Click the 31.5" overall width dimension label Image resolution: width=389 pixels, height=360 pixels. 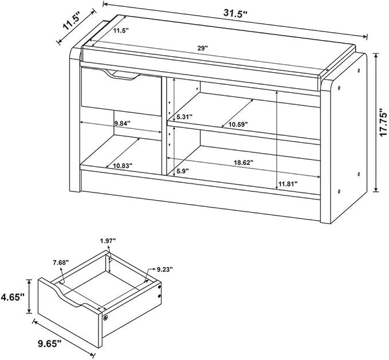click(235, 14)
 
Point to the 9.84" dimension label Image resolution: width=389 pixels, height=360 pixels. click(122, 123)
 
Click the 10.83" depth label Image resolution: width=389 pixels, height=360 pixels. click(123, 165)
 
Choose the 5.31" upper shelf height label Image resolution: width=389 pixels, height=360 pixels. click(184, 117)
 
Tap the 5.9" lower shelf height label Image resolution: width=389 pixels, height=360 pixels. click(183, 171)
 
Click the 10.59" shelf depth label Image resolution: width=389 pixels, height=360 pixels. click(238, 124)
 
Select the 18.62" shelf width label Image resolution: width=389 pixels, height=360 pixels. click(243, 163)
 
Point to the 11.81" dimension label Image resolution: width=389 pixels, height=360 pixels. click(288, 184)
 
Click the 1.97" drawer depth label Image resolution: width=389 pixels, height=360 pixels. click(108, 241)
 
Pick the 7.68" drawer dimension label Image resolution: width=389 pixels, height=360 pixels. click(61, 263)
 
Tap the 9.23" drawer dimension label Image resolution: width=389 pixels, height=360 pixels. click(165, 269)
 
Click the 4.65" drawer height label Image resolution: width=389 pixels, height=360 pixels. click(13, 297)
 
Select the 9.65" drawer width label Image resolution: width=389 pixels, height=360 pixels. click(49, 343)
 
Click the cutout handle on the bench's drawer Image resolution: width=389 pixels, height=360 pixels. click(121, 76)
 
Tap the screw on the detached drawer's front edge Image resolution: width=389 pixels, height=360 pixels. click(106, 318)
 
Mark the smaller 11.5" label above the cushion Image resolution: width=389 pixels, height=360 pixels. click(121, 30)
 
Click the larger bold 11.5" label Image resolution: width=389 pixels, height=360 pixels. click(70, 22)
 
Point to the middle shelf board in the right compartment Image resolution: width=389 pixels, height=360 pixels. click(243, 132)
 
